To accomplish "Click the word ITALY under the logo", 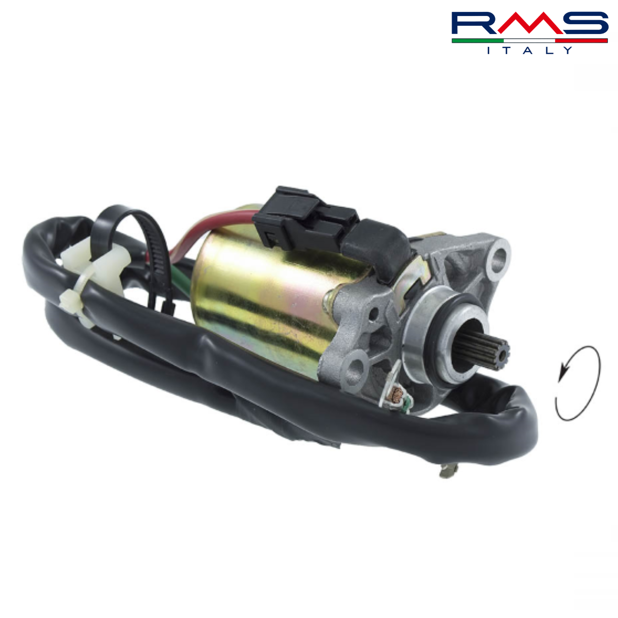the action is click(529, 50).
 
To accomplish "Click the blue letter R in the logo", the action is click(473, 23).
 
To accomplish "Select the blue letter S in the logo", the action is click(586, 23).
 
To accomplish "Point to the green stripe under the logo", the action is click(477, 41).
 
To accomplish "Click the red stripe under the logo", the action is click(581, 41).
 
